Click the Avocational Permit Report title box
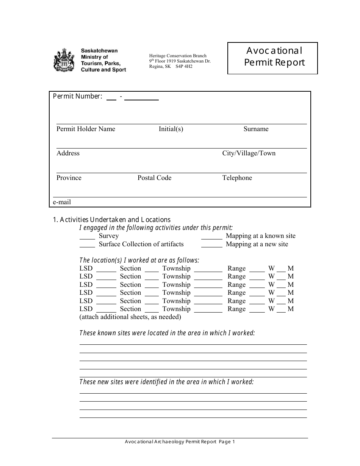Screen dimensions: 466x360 [272, 58]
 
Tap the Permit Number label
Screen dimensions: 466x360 [77, 96]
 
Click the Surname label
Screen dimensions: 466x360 [256, 129]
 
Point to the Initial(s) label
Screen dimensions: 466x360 [171, 129]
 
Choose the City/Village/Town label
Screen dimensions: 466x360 [249, 153]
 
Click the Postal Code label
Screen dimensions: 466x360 [154, 178]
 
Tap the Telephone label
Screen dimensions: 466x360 [237, 178]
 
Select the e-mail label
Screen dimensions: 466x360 [62, 202]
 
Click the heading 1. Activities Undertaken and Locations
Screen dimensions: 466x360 [111, 220]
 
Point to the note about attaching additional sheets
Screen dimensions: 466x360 [130, 317]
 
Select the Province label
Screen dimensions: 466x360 [69, 178]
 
